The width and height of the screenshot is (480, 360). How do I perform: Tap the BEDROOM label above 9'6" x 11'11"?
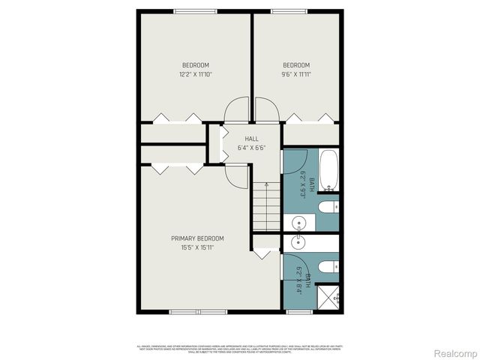(296, 64)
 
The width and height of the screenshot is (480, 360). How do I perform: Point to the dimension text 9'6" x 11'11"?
(296, 74)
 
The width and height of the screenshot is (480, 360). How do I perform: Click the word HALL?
(251, 139)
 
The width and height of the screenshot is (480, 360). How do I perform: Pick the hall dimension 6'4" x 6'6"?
(251, 148)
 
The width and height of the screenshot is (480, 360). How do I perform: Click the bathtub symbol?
(329, 171)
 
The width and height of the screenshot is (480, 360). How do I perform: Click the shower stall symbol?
(328, 298)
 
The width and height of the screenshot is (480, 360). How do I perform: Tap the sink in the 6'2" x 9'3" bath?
(298, 223)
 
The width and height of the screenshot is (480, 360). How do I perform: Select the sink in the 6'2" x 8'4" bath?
(298, 241)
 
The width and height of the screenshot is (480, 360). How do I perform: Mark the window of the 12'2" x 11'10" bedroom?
(194, 10)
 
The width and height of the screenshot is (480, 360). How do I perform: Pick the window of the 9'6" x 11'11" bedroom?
(282, 10)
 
